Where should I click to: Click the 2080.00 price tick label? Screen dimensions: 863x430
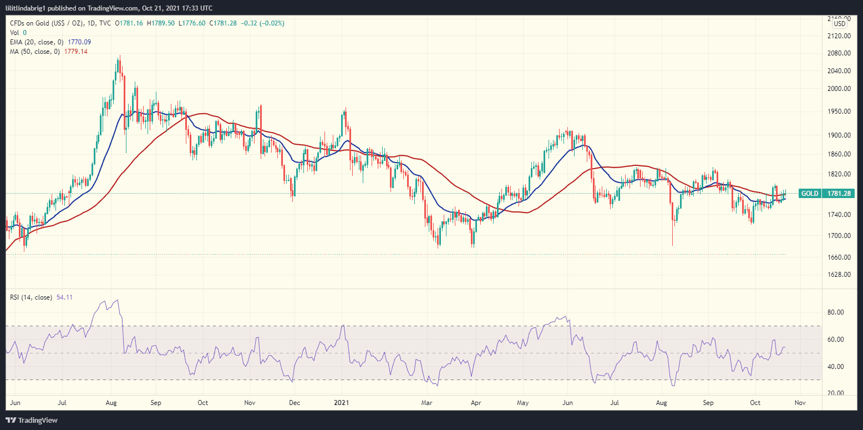click(x=839, y=53)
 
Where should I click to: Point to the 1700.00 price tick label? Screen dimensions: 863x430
click(x=839, y=235)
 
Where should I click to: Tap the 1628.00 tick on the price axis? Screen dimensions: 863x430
click(x=839, y=275)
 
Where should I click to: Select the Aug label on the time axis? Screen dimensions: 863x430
click(x=111, y=402)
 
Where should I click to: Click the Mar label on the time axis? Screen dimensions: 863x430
click(x=427, y=402)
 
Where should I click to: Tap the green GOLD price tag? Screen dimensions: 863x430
click(x=810, y=194)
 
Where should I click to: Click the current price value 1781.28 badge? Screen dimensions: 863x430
click(x=839, y=194)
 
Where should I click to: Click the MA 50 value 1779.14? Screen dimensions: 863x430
click(x=75, y=51)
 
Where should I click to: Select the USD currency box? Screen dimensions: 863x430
click(x=840, y=24)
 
